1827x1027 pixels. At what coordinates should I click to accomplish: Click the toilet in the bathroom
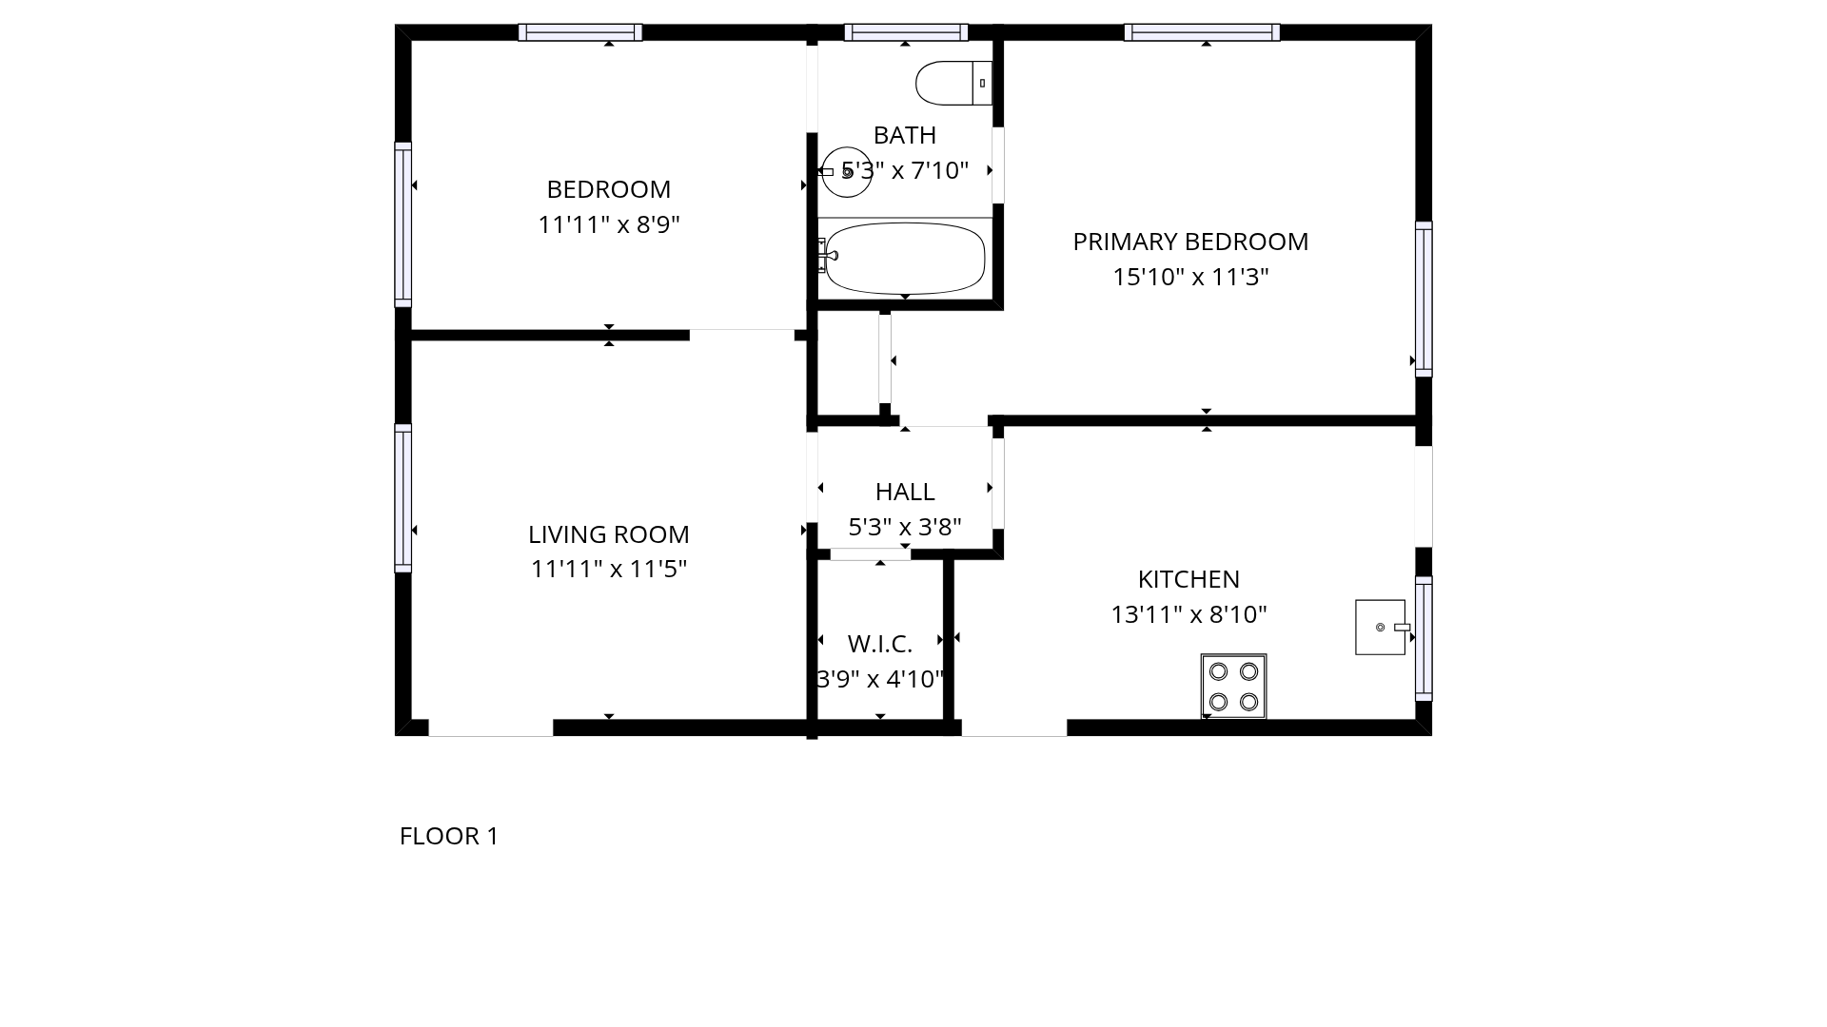click(x=954, y=84)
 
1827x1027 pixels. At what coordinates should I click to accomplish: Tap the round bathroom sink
click(x=846, y=172)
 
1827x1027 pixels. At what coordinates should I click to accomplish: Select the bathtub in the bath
click(x=904, y=258)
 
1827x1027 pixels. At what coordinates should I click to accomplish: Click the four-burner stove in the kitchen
click(x=1233, y=686)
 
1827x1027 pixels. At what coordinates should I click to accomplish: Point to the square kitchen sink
click(x=1381, y=627)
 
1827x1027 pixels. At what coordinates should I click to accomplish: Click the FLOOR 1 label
click(x=449, y=836)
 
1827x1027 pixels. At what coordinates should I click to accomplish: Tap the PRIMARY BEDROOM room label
click(x=1190, y=242)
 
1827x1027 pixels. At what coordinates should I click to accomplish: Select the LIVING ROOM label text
click(x=609, y=534)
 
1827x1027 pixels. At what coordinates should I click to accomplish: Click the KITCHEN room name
click(x=1189, y=579)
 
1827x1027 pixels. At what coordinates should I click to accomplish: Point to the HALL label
click(x=905, y=492)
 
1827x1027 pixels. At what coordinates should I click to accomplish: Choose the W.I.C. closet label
click(x=880, y=644)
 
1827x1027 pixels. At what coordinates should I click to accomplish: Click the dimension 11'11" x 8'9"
click(x=609, y=224)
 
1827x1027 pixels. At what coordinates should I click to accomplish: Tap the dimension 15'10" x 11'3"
click(x=1190, y=277)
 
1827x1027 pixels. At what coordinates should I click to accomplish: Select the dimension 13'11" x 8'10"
click(x=1189, y=614)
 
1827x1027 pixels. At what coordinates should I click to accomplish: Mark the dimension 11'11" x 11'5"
click(x=609, y=569)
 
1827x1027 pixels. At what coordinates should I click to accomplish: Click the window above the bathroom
click(x=906, y=32)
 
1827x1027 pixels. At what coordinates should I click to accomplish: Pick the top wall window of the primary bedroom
click(x=1202, y=32)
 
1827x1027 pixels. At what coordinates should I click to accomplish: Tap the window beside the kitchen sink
click(x=1424, y=639)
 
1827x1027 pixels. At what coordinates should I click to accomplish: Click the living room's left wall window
click(x=403, y=498)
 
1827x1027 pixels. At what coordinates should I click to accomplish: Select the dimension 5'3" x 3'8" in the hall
click(x=905, y=527)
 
